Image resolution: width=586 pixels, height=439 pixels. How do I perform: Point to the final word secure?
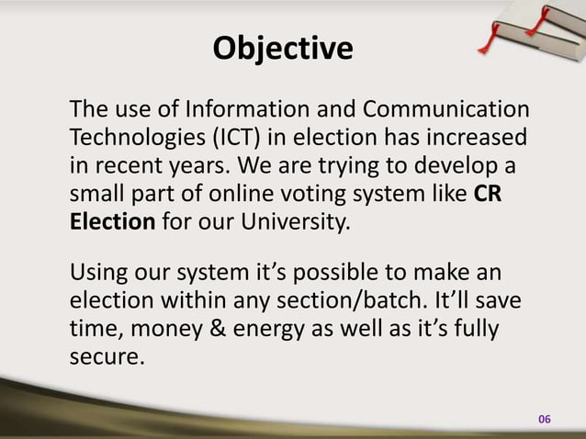107,356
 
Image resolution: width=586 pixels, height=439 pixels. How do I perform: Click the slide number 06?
544,419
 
